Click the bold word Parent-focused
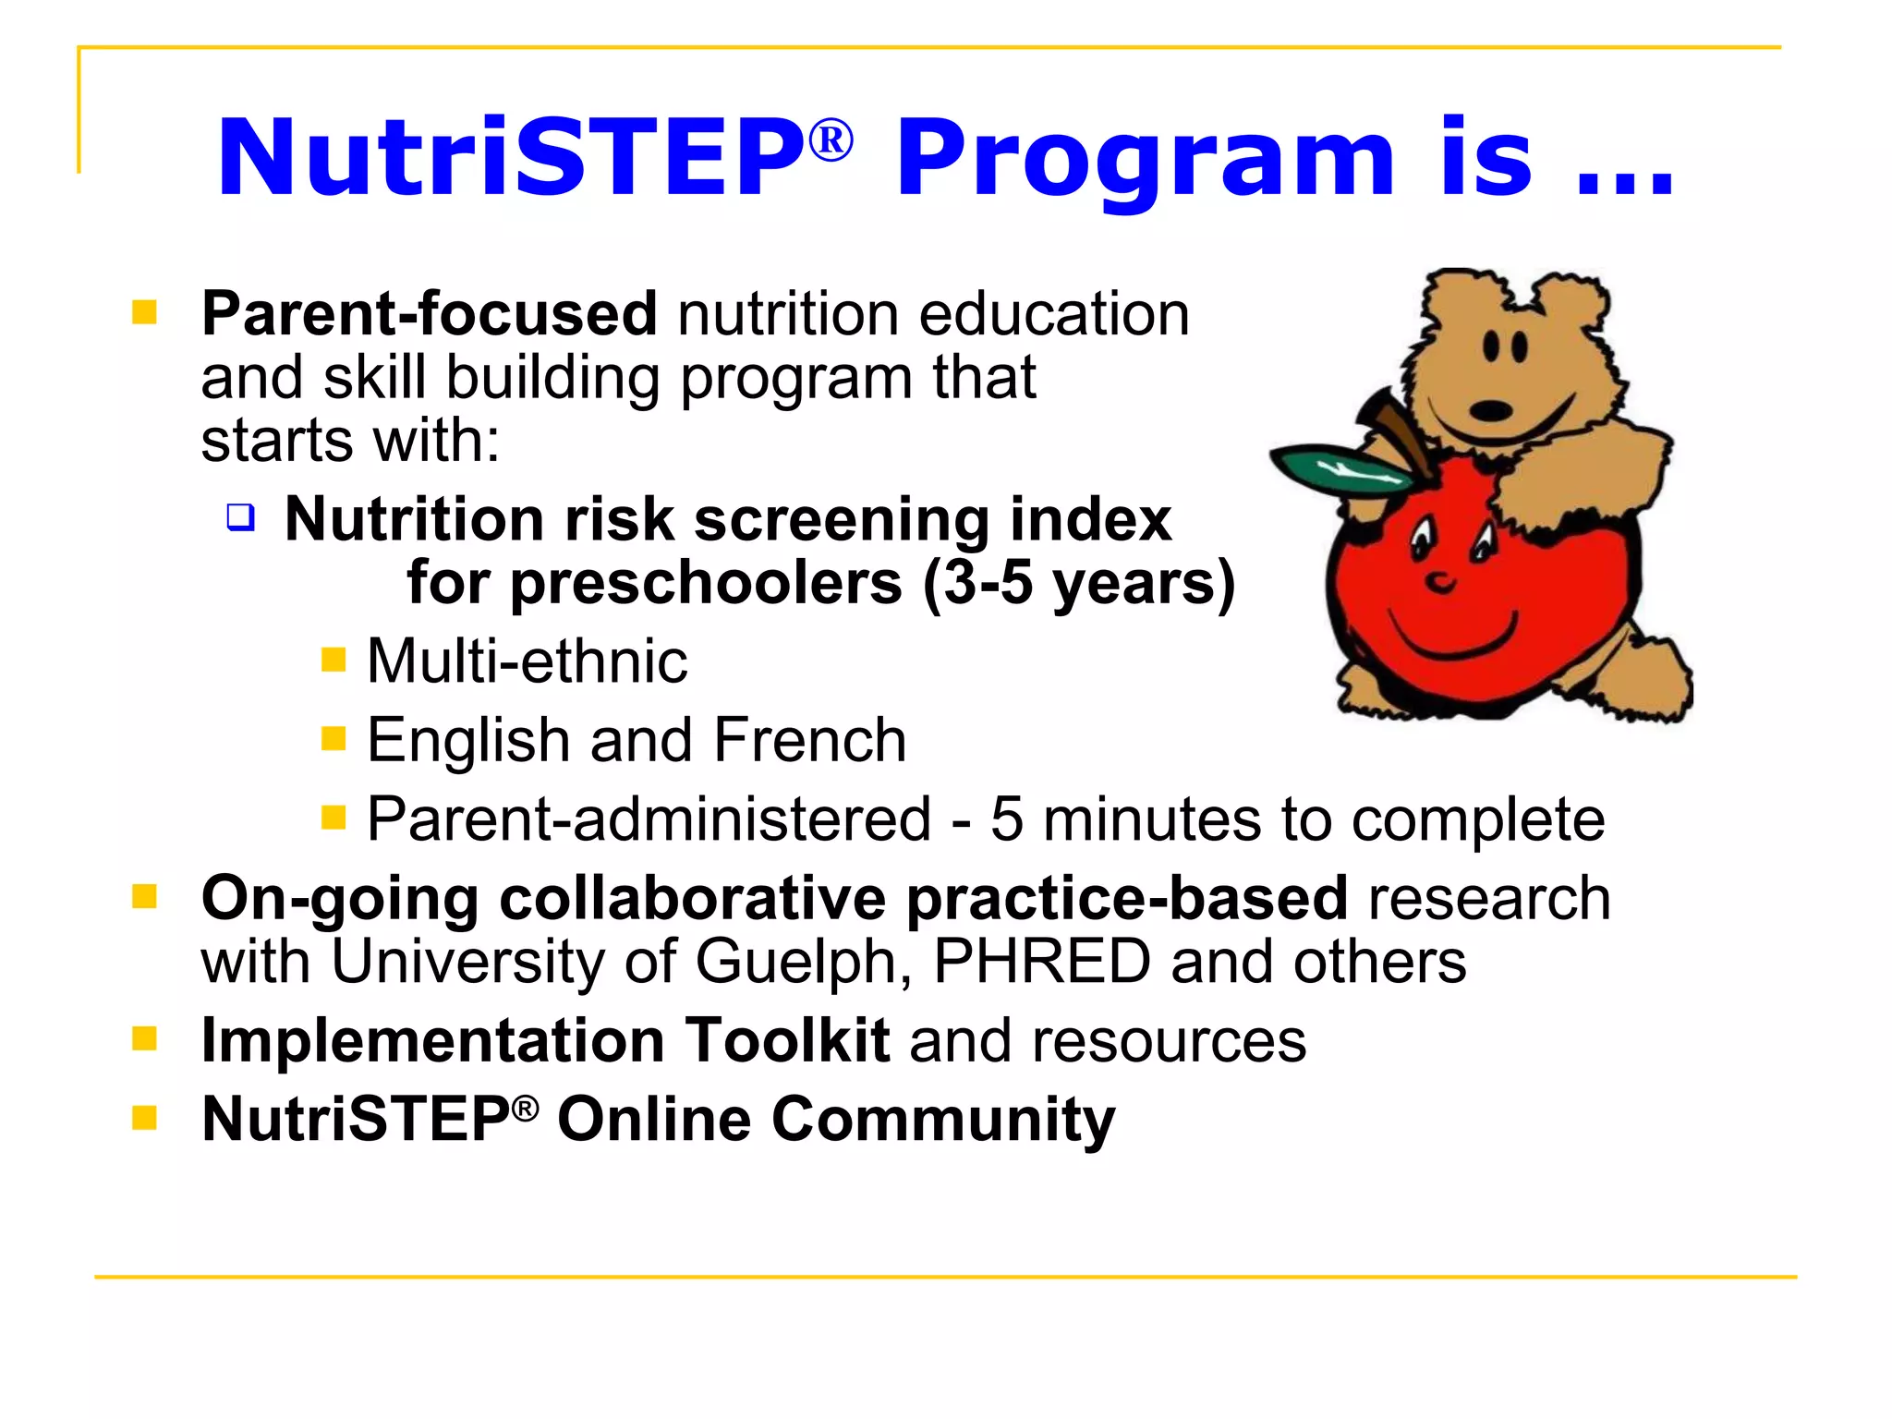point(430,313)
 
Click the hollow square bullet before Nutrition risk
point(241,516)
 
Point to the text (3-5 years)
point(1078,584)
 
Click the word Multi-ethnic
point(528,661)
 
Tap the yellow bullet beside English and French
point(334,738)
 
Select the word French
point(810,740)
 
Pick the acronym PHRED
point(1042,963)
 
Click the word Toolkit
point(787,1041)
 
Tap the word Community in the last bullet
point(943,1120)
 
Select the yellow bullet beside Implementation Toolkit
point(144,1039)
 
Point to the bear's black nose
point(1490,409)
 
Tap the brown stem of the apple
point(1395,430)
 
